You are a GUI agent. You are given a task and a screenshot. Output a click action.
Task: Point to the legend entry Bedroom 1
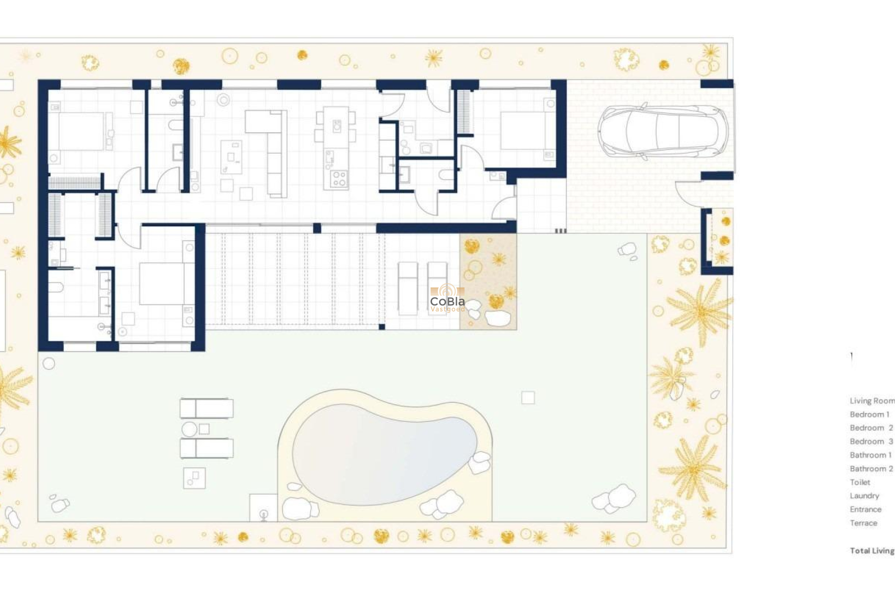click(869, 414)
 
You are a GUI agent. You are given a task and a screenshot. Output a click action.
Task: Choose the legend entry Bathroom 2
click(871, 469)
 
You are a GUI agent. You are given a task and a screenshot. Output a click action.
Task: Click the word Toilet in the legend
click(860, 482)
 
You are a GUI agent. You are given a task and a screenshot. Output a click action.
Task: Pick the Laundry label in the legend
click(864, 496)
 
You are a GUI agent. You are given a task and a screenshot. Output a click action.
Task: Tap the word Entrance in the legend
click(866, 509)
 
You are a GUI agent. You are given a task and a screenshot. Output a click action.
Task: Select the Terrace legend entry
click(863, 523)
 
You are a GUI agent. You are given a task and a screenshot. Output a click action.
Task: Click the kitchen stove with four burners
click(339, 179)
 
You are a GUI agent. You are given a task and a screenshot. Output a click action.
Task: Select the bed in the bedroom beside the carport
click(524, 130)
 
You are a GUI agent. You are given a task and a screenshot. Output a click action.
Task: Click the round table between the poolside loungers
click(189, 429)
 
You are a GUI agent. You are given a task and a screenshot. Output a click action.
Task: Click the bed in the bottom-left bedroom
click(163, 284)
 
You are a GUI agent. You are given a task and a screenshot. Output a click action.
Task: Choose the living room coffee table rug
click(231, 157)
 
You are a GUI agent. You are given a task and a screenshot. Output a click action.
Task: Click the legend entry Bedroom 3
click(871, 441)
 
